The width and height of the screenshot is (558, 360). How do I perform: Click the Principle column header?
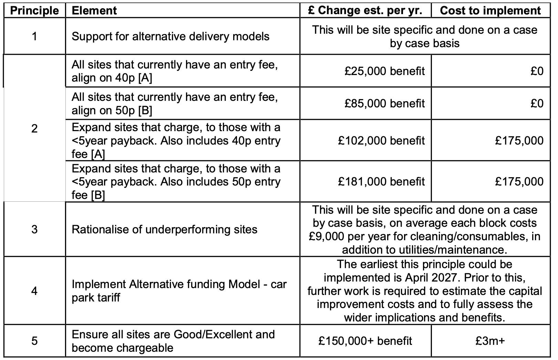coord(34,10)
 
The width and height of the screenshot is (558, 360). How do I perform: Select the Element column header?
coord(94,10)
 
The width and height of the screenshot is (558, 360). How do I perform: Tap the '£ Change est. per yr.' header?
coord(365,10)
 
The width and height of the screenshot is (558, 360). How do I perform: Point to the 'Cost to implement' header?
coord(490,10)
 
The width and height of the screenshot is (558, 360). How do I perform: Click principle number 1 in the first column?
coord(34,36)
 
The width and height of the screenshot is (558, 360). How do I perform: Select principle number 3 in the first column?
coord(34,229)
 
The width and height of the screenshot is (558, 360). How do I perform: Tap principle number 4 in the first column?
coord(34,291)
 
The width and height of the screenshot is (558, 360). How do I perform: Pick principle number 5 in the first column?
coord(34,341)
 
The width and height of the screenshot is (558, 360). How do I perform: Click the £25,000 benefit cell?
coord(384,71)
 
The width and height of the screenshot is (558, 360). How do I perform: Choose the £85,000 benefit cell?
coord(384,103)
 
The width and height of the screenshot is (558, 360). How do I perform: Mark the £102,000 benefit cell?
coord(381,140)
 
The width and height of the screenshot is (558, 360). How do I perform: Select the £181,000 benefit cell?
coord(381,181)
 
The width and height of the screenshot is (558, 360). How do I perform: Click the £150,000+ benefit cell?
coord(365,341)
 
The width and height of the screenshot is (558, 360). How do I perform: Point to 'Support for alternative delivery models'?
coord(170,36)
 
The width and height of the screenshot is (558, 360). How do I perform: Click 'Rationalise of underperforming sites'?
coord(164,229)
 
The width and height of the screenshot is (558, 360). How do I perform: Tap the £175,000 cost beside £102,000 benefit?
coord(519,140)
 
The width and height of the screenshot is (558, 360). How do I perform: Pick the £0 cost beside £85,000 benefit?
coord(537,103)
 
